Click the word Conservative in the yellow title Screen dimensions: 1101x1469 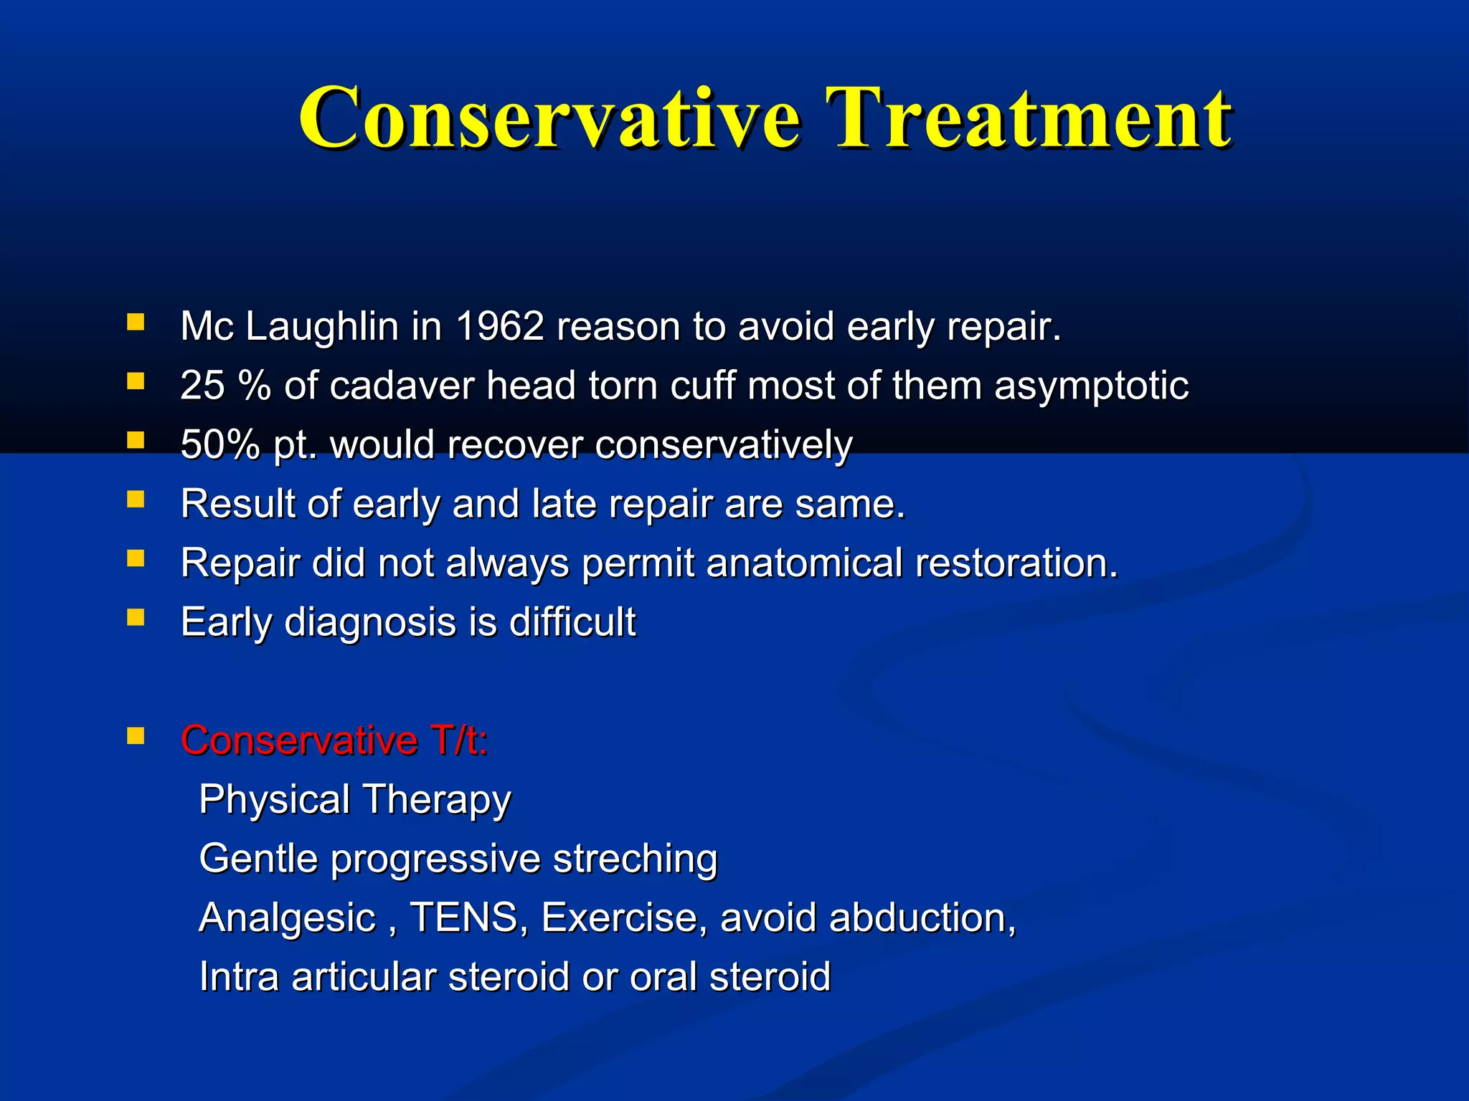coord(549,118)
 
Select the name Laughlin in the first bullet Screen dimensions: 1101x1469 coord(321,327)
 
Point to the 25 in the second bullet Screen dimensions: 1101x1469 coord(202,386)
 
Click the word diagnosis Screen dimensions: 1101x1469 coord(370,622)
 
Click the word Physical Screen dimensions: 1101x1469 coord(274,799)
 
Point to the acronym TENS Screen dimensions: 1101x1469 coord(464,917)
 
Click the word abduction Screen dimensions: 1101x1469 coord(921,917)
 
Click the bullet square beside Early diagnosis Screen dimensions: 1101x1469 coord(136,617)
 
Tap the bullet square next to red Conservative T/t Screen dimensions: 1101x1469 coord(136,735)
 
